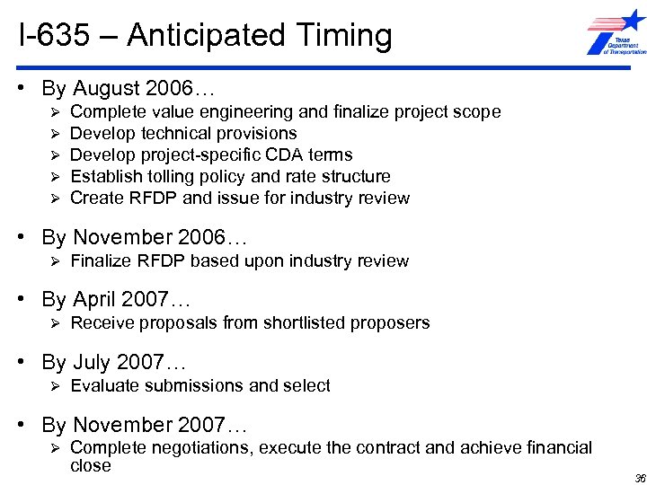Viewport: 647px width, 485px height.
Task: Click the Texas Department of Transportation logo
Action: click(x=616, y=35)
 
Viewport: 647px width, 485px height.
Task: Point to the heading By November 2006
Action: click(x=144, y=238)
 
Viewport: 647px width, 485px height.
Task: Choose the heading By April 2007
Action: click(x=116, y=299)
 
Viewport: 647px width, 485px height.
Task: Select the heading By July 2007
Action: click(x=113, y=363)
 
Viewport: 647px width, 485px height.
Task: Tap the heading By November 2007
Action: click(x=144, y=425)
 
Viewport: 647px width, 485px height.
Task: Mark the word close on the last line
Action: click(x=90, y=465)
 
